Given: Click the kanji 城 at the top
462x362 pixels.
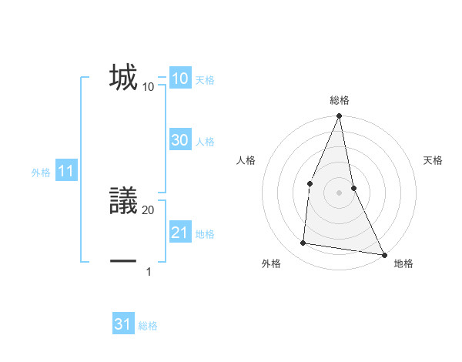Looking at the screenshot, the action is (x=123, y=78).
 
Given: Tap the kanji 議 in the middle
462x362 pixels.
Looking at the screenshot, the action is (x=123, y=201).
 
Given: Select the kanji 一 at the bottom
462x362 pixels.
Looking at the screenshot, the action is (x=123, y=262).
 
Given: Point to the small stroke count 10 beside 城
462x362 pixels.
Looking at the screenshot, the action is (x=149, y=87).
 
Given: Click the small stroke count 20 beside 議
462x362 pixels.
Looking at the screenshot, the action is (x=149, y=209).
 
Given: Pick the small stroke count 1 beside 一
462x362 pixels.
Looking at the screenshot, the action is (x=149, y=271).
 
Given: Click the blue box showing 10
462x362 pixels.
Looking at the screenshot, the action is (x=179, y=79).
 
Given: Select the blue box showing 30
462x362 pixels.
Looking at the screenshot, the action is (x=179, y=140).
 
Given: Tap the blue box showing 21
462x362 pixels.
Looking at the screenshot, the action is (x=179, y=233).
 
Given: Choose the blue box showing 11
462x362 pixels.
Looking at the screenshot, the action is (x=66, y=172).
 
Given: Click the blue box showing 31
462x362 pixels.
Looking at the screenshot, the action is (x=123, y=324).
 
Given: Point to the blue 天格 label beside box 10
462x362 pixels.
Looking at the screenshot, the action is (x=205, y=80).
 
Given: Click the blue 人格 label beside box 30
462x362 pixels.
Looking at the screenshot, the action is (x=205, y=142).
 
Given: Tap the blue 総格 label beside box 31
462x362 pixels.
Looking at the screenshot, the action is (x=148, y=326).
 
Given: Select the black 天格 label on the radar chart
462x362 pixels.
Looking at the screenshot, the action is (x=433, y=160).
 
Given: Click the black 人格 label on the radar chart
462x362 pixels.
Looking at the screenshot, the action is (x=246, y=160).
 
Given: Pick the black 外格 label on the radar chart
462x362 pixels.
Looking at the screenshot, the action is (x=271, y=263).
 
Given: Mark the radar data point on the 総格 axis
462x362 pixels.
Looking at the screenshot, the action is (x=339, y=117).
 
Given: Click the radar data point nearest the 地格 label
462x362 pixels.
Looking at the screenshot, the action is (x=383, y=254).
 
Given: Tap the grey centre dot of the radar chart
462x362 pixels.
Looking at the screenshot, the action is (x=339, y=192).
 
